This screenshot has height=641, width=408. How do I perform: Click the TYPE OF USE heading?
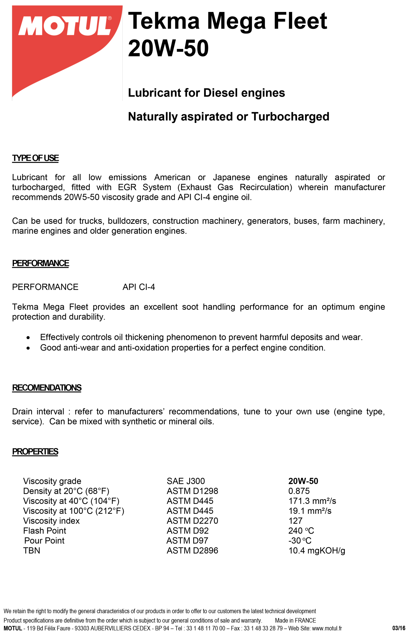35,158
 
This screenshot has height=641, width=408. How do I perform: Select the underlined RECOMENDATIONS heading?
47,388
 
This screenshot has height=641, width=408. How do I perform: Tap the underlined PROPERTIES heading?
35,452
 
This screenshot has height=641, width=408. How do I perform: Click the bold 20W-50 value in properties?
303,481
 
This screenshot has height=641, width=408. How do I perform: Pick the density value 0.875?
299,491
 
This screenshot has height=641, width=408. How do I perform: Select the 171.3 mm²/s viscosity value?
312,501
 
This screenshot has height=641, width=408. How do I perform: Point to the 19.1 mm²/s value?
310,511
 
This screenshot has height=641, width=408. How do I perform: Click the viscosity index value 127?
295,521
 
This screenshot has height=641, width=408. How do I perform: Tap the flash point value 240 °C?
301,531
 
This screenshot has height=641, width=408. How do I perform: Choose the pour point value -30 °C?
300,541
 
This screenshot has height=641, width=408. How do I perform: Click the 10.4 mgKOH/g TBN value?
317,551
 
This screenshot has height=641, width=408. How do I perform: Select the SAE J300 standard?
186,481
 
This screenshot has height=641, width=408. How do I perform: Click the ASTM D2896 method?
192,551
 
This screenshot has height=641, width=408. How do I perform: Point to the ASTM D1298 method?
192,491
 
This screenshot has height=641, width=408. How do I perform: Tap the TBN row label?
32,551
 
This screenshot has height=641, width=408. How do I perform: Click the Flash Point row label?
45,531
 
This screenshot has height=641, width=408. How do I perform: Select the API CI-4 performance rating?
139,287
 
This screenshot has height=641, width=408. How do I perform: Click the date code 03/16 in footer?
398,628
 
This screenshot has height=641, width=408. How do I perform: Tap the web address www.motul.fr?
327,628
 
